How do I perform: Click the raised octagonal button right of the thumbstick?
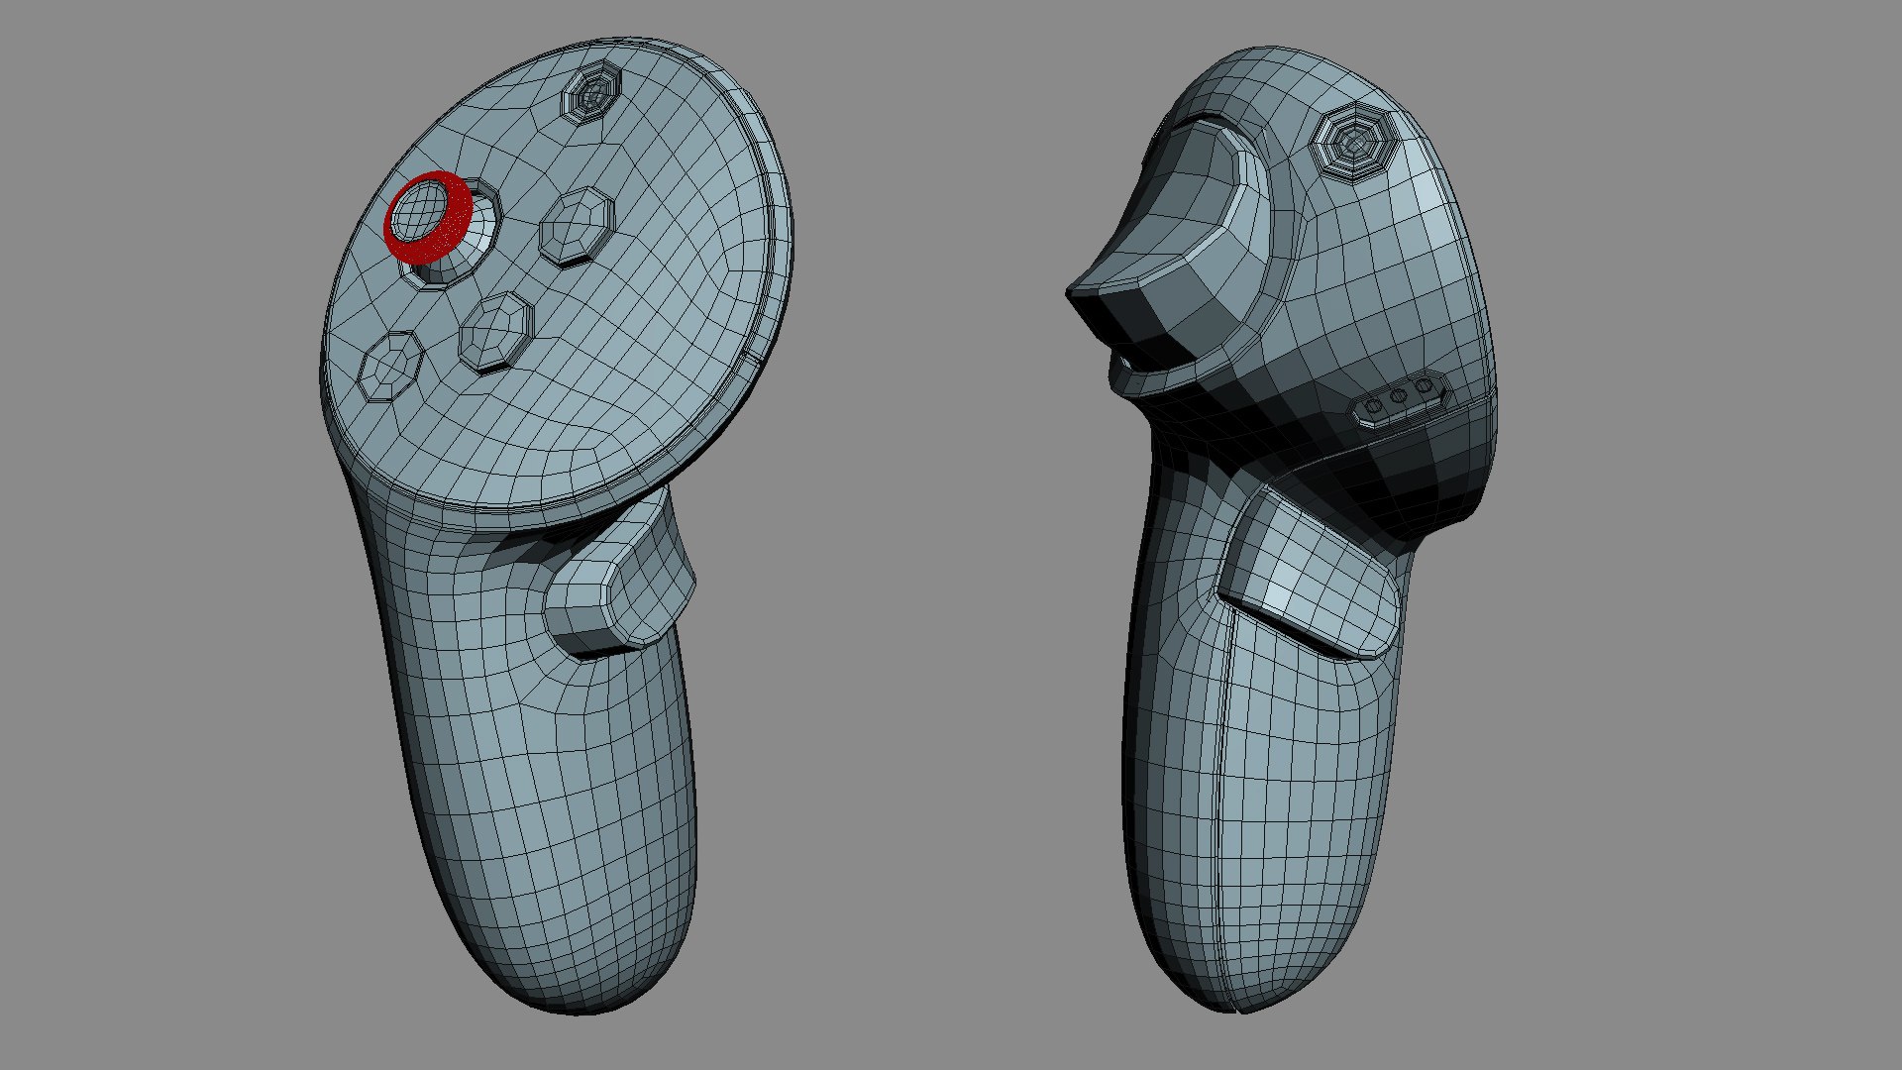point(576,225)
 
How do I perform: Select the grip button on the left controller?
point(619,585)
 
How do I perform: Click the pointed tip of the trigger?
point(1074,292)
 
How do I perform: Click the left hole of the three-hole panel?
point(1375,405)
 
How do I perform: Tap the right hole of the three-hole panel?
point(1424,385)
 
